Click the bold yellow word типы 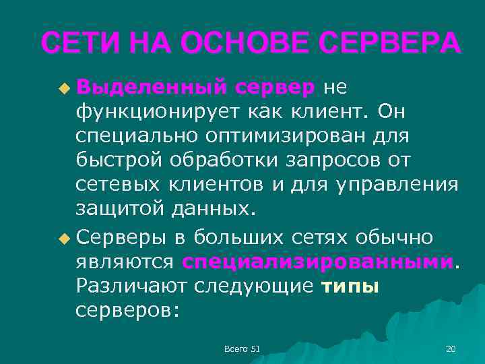pos(350,286)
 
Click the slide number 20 pos(451,348)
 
